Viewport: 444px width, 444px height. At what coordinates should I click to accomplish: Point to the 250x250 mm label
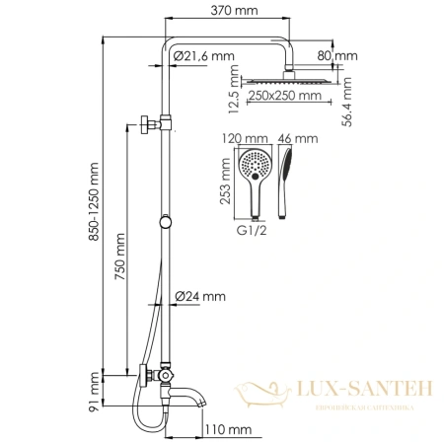284,96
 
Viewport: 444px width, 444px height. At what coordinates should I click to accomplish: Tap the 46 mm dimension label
293,141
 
